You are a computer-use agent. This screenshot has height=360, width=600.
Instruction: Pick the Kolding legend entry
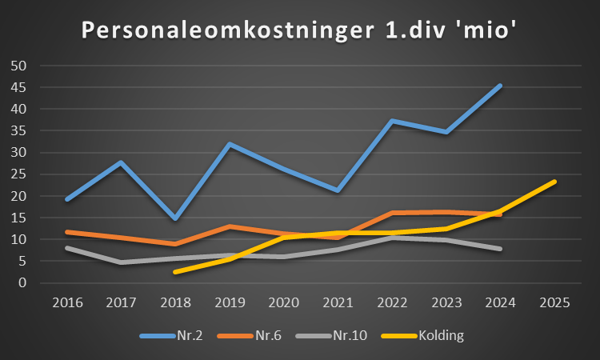439,335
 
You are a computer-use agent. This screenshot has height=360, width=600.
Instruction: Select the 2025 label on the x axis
554,303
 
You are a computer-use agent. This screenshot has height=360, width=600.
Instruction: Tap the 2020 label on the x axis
283,303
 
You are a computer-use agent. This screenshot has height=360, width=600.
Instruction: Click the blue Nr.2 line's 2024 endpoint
500,86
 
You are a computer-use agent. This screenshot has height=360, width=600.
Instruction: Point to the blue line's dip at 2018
175,218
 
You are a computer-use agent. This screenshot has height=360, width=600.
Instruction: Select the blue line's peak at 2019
230,144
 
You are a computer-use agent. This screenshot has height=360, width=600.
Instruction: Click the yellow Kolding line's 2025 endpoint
554,182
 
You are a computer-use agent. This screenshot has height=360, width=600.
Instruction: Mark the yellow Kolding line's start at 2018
175,272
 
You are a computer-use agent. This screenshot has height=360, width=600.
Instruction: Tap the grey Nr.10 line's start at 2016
66,248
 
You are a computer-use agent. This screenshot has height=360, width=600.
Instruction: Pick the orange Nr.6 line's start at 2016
66,232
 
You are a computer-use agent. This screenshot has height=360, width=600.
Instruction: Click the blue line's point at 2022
392,121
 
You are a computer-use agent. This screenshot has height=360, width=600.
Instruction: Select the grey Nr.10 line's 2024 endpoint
500,249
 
